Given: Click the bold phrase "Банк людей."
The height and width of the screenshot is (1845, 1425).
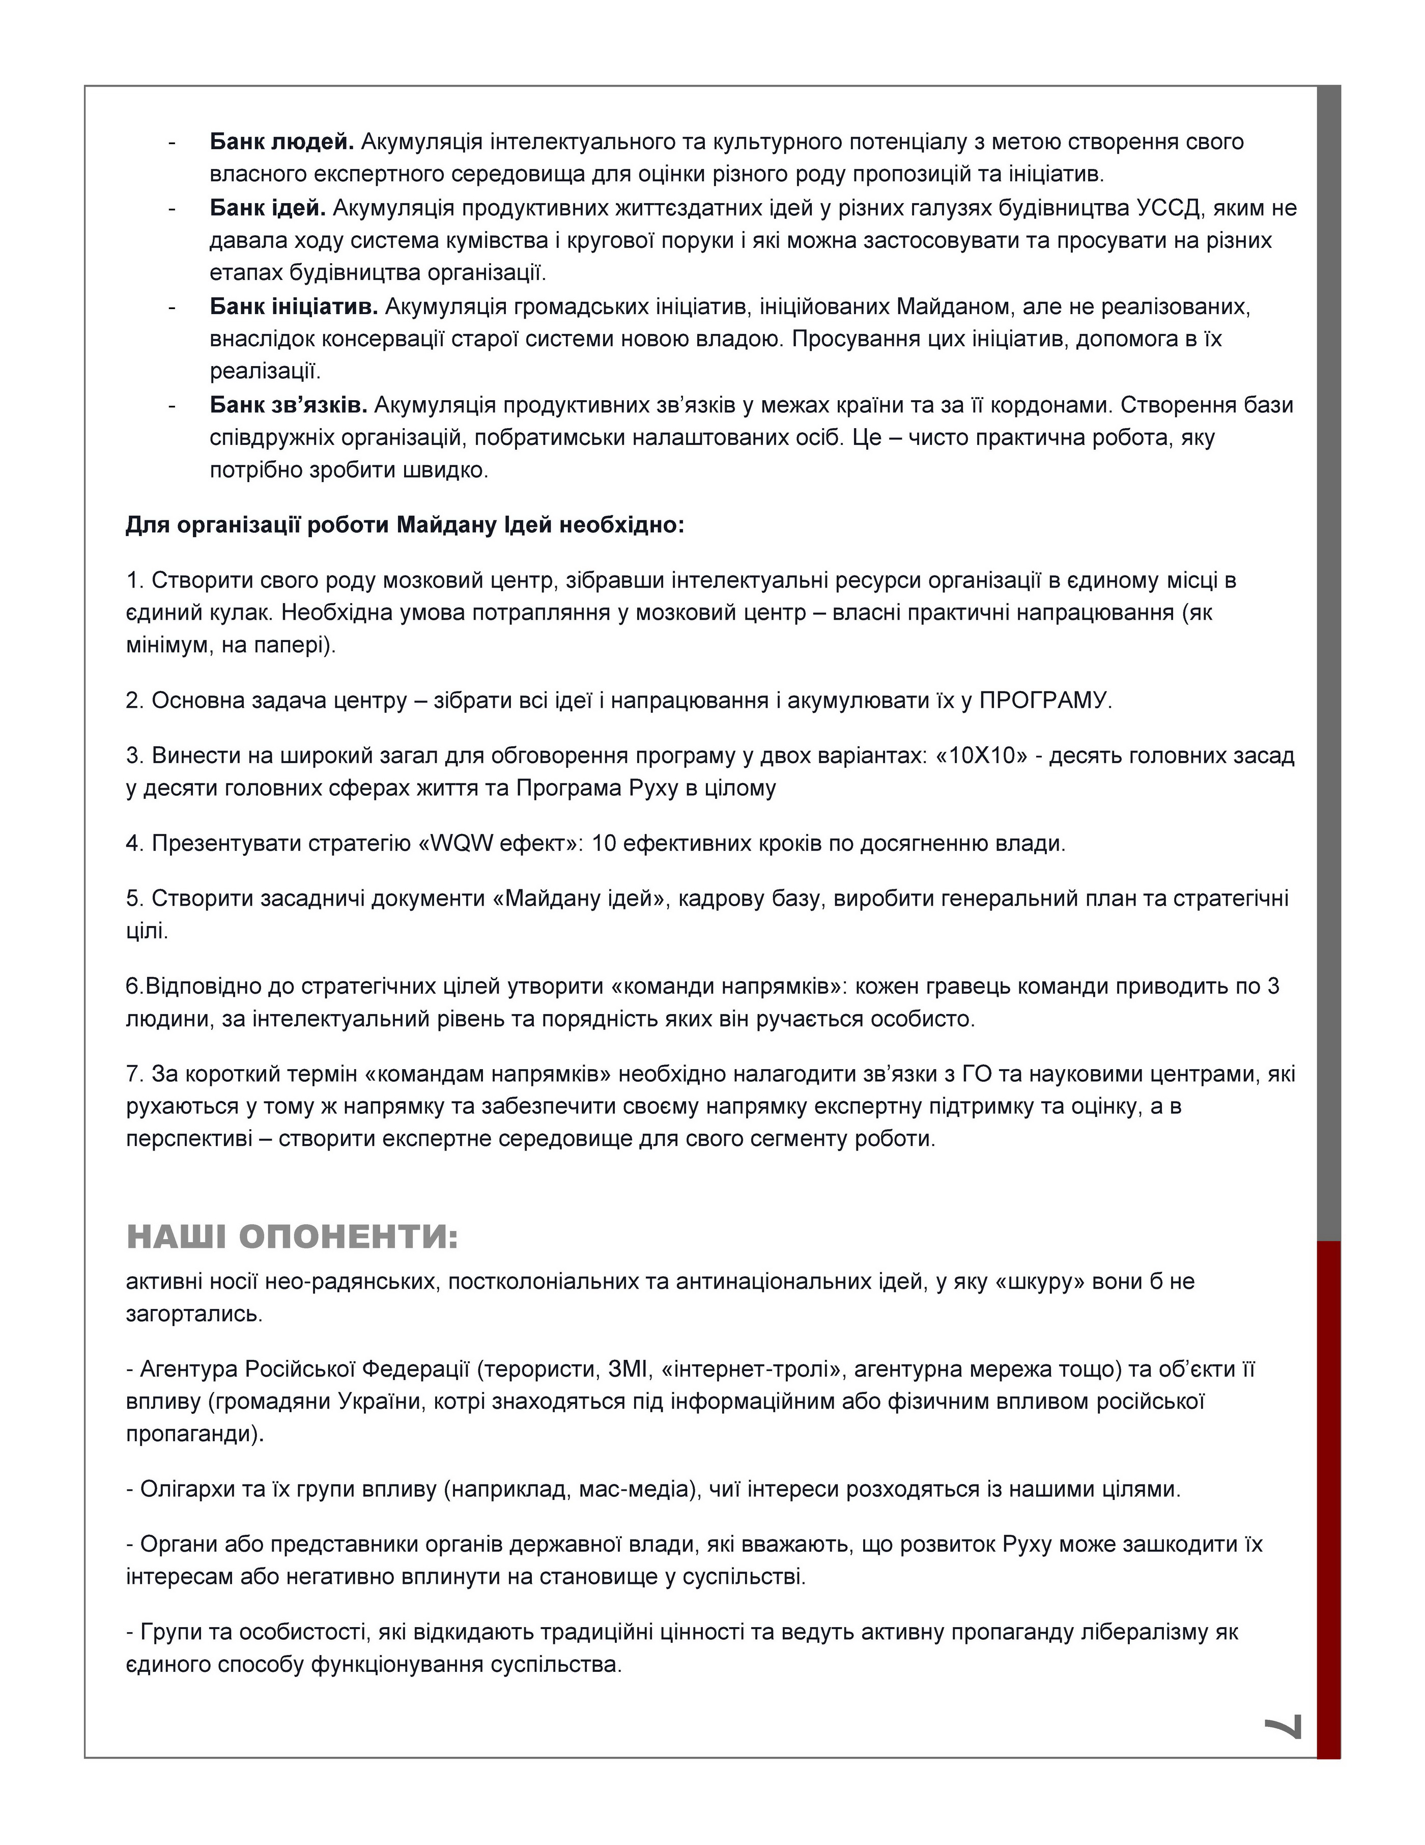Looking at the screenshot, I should pyautogui.click(x=281, y=142).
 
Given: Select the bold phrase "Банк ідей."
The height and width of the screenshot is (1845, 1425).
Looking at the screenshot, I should pyautogui.click(x=267, y=208).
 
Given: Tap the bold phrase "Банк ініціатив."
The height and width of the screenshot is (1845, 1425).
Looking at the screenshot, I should pyautogui.click(x=293, y=306).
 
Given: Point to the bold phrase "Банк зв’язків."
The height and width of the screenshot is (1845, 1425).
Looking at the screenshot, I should pyautogui.click(x=288, y=405).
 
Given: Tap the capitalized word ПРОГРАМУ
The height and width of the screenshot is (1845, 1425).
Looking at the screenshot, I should pyautogui.click(x=1043, y=701).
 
